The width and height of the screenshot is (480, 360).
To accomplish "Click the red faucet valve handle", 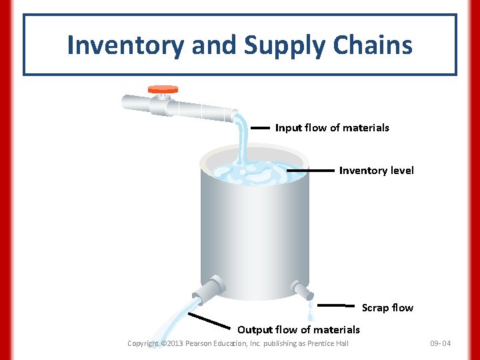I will [x=163, y=89].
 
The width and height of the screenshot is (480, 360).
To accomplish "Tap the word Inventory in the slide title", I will [x=125, y=45].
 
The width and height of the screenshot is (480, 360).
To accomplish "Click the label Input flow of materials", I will [x=332, y=127].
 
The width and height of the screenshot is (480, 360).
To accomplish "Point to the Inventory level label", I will [x=376, y=171].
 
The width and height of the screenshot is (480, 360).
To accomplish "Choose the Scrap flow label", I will [x=387, y=308].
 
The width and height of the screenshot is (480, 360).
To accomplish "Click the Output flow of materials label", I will [x=298, y=329].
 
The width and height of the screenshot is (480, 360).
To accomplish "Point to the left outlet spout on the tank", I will [x=206, y=291].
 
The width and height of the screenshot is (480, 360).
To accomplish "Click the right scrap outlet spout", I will [x=301, y=290].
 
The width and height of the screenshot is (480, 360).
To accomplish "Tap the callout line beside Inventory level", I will [x=311, y=171].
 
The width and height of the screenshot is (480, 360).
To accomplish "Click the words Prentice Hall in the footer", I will [x=329, y=344].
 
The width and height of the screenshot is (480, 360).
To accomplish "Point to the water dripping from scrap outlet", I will [x=310, y=310].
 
